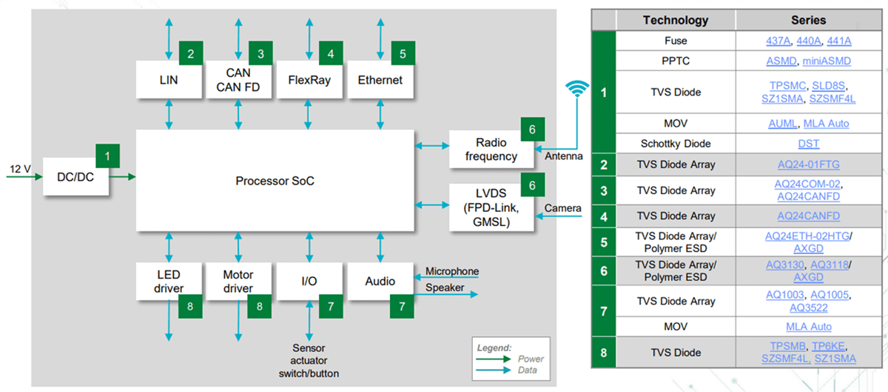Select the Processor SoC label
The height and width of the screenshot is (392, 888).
click(275, 181)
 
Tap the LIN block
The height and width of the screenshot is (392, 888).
click(169, 79)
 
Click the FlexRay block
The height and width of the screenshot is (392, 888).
click(308, 79)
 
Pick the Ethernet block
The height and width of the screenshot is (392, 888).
click(380, 79)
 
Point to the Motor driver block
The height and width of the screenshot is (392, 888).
click(238, 282)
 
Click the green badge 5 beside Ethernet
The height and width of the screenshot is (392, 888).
click(403, 53)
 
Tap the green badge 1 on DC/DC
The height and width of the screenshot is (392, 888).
click(108, 156)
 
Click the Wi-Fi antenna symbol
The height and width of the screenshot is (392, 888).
click(578, 90)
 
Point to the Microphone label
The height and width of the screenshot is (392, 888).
click(451, 272)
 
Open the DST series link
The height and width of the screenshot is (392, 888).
click(808, 144)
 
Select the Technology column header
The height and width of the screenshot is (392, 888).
click(675, 21)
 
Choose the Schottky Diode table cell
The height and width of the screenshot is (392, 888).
click(676, 144)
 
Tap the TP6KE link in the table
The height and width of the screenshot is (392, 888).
click(829, 346)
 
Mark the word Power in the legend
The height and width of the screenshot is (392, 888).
click(531, 359)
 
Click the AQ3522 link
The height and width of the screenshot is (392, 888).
click(808, 308)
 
